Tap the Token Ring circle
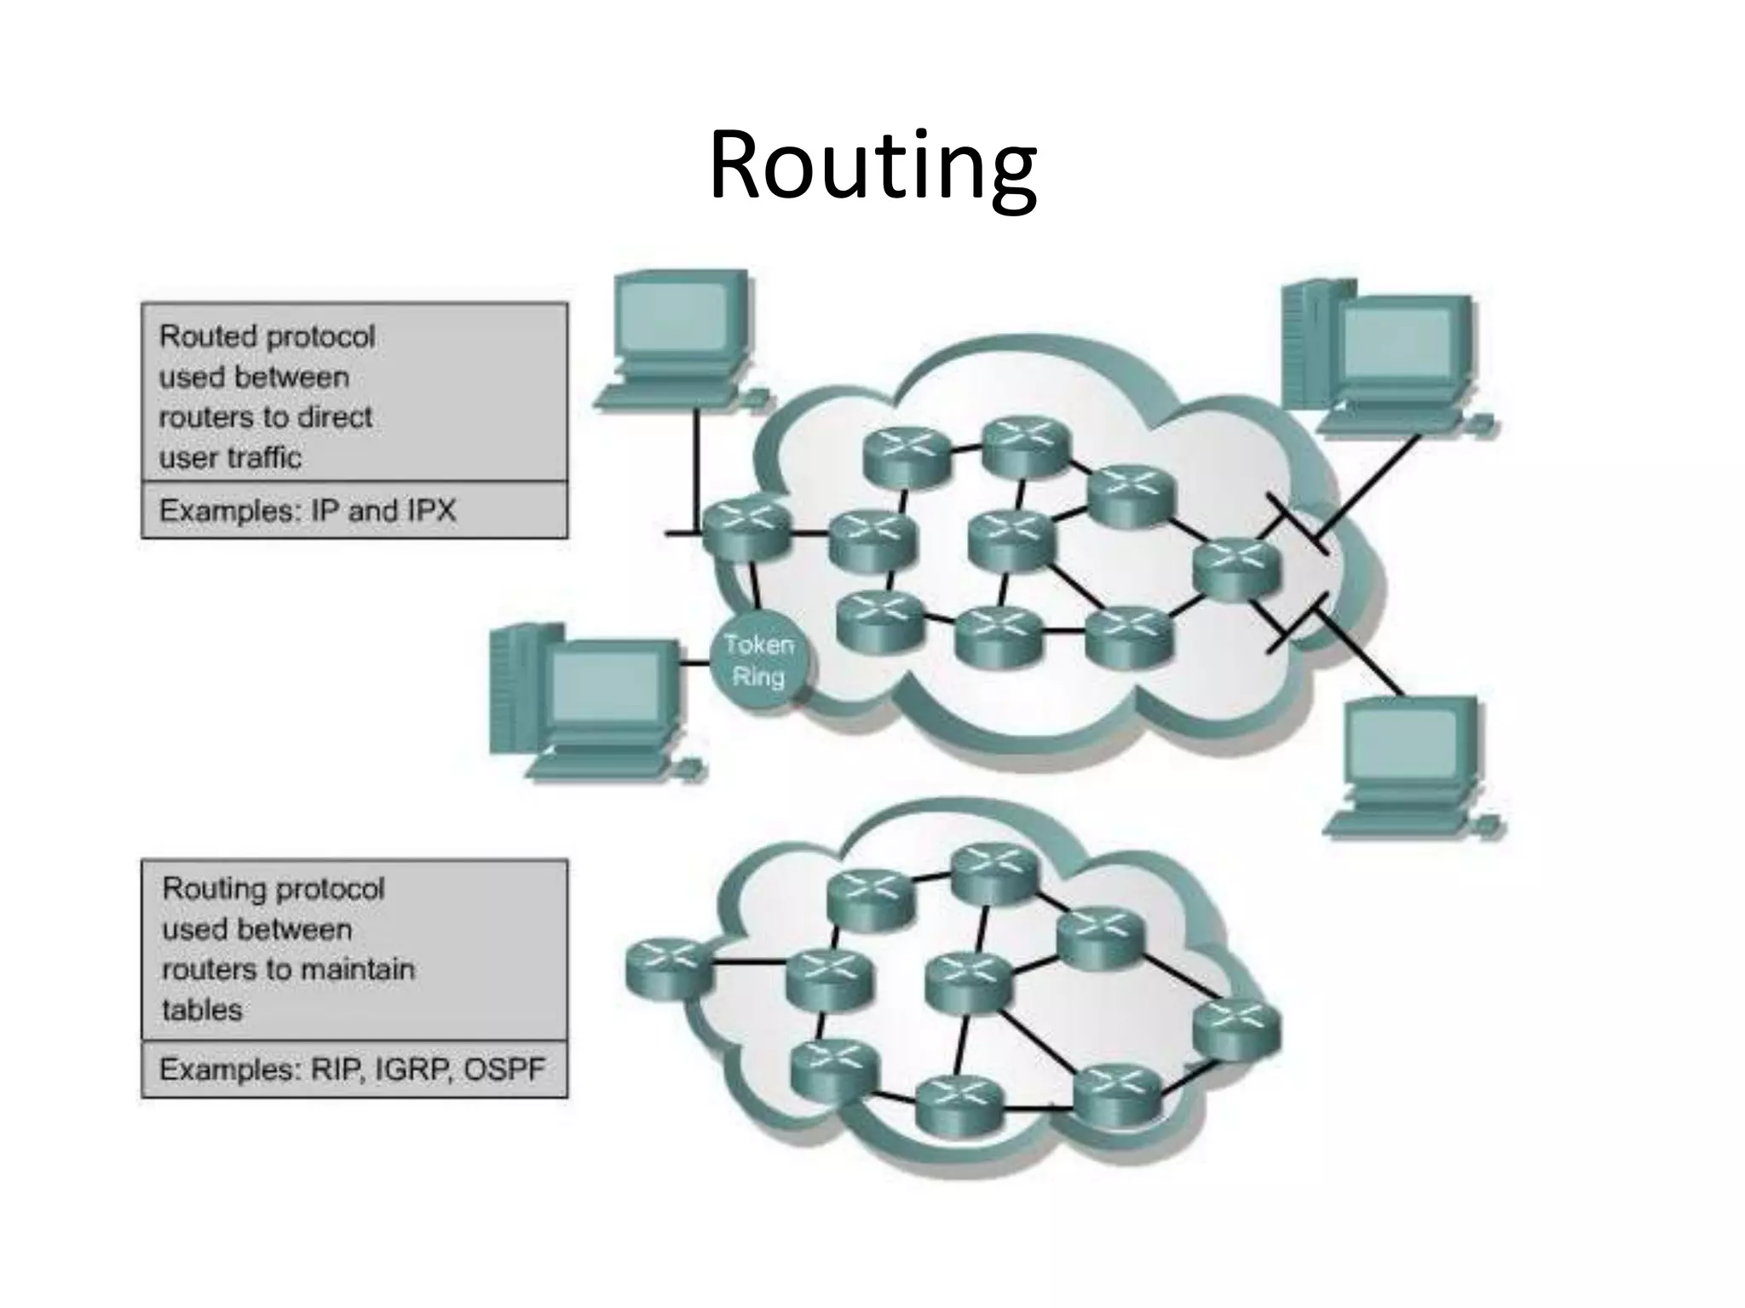[758, 661]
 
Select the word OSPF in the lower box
[504, 1070]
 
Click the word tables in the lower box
[202, 1010]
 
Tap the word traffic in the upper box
[266, 458]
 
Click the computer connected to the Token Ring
[588, 703]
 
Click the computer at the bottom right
[1410, 762]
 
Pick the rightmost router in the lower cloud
[1236, 1029]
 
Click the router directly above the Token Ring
[740, 528]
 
